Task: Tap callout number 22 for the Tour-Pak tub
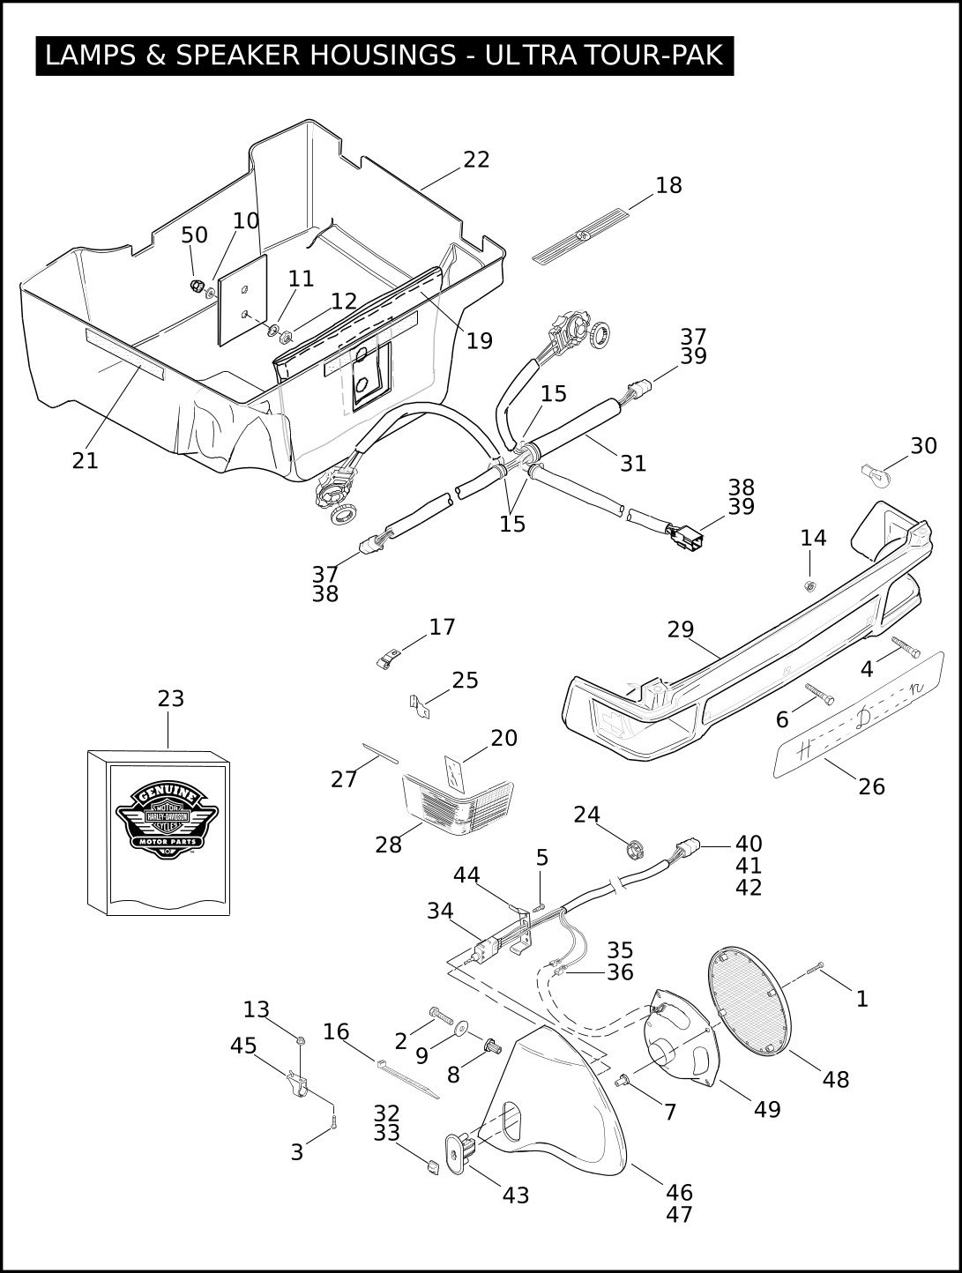click(476, 160)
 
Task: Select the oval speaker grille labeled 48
click(751, 1002)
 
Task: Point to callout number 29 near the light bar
click(681, 629)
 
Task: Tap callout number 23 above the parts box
click(171, 698)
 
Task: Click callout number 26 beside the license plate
click(871, 786)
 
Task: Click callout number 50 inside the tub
click(195, 235)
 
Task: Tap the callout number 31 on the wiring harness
click(633, 463)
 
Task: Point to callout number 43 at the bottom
click(516, 1195)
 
